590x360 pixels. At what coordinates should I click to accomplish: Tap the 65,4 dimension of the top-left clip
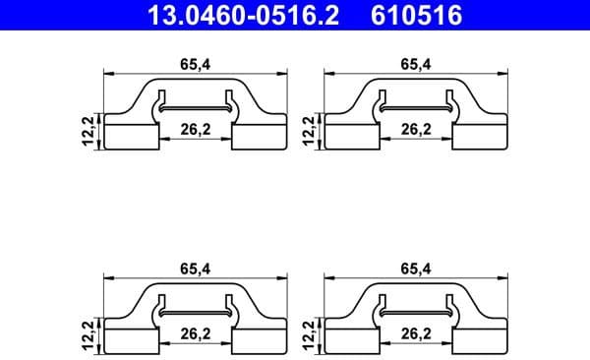coord(193,64)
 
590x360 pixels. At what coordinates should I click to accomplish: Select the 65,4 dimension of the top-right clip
coord(415,64)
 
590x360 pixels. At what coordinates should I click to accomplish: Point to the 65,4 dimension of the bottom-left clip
coord(193,267)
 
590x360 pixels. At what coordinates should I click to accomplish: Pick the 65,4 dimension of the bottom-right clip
coord(415,267)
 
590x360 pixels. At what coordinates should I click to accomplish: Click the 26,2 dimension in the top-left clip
coord(197,128)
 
